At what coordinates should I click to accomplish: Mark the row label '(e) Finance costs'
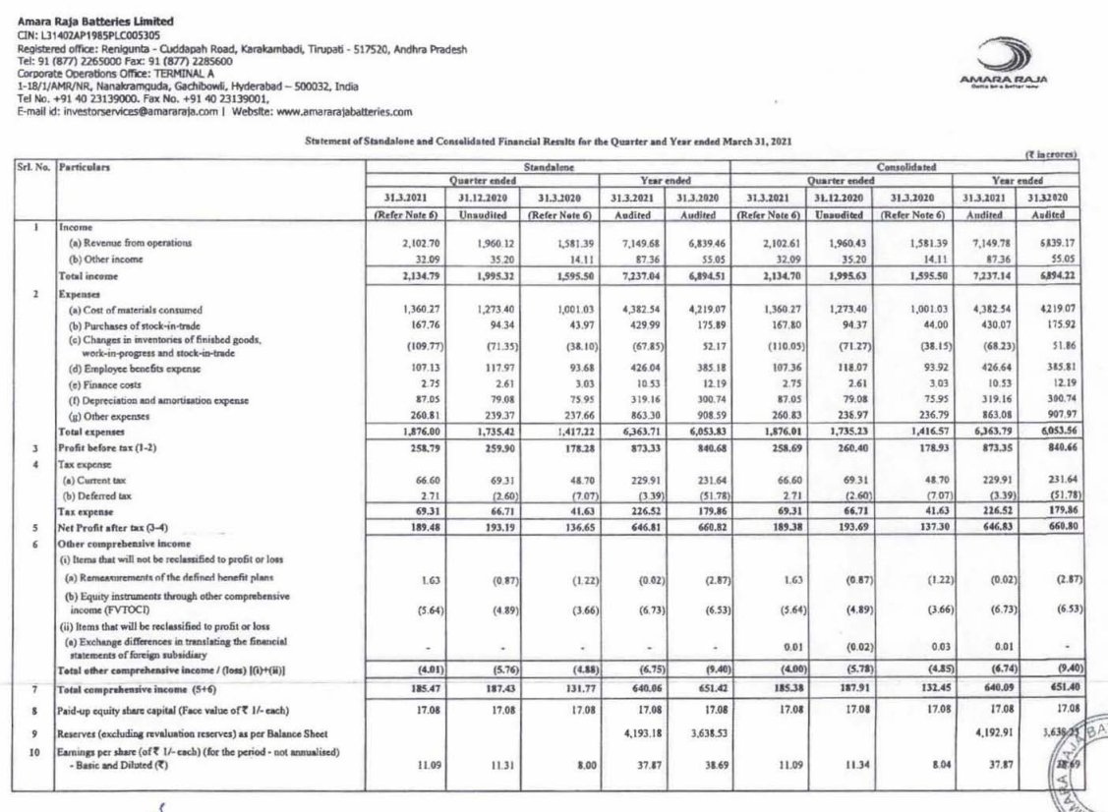coord(97,384)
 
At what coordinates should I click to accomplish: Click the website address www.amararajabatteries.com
coord(345,113)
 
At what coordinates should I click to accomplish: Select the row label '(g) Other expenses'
coord(103,417)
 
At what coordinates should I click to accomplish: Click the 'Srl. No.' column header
coord(32,168)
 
